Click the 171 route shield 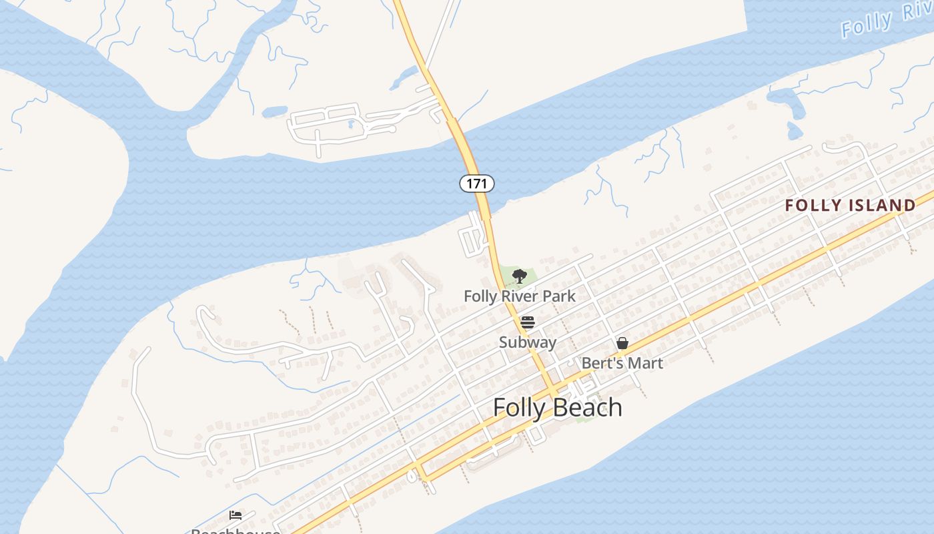476,183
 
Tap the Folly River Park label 520,296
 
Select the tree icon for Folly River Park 519,276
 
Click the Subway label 528,342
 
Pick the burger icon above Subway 528,323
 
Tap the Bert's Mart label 622,363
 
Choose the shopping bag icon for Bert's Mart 622,343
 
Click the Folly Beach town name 558,407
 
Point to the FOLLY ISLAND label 850,206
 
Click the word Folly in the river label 867,25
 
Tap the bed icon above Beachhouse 236,515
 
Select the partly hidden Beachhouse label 236,531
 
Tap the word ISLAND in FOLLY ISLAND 881,206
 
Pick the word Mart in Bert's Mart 645,363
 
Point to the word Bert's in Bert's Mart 603,363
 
